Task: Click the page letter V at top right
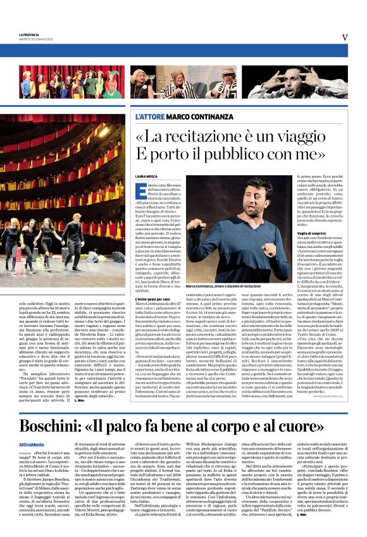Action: pos(345,37)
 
